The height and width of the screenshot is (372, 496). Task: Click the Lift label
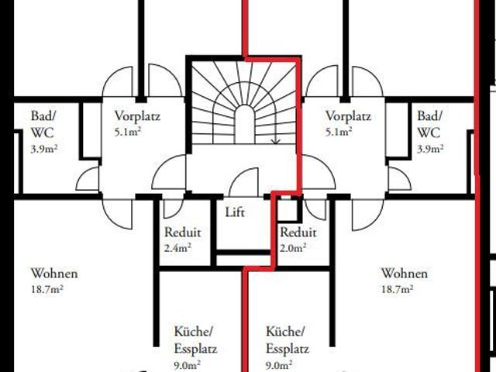(235, 212)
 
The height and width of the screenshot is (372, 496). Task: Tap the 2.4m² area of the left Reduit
(177, 247)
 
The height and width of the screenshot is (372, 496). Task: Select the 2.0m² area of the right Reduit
(293, 247)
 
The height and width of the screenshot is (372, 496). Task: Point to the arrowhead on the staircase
(276, 141)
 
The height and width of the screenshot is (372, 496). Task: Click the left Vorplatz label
(137, 116)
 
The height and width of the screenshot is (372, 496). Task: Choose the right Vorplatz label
(348, 116)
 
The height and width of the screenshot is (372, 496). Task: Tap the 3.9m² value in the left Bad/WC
(44, 149)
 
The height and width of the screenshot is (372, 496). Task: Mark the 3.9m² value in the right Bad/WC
(430, 149)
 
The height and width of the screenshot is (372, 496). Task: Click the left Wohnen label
(54, 274)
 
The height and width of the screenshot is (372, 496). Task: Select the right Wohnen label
(405, 274)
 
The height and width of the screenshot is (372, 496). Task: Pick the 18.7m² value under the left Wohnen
(47, 289)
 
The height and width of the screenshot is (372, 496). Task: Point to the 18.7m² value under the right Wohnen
(398, 289)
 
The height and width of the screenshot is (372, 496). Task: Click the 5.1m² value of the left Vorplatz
(128, 132)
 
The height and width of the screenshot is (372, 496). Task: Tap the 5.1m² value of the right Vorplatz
(339, 132)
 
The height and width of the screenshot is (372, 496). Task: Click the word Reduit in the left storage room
(183, 232)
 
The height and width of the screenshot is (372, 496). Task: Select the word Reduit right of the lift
(298, 232)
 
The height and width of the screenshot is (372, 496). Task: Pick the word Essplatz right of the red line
(288, 349)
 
